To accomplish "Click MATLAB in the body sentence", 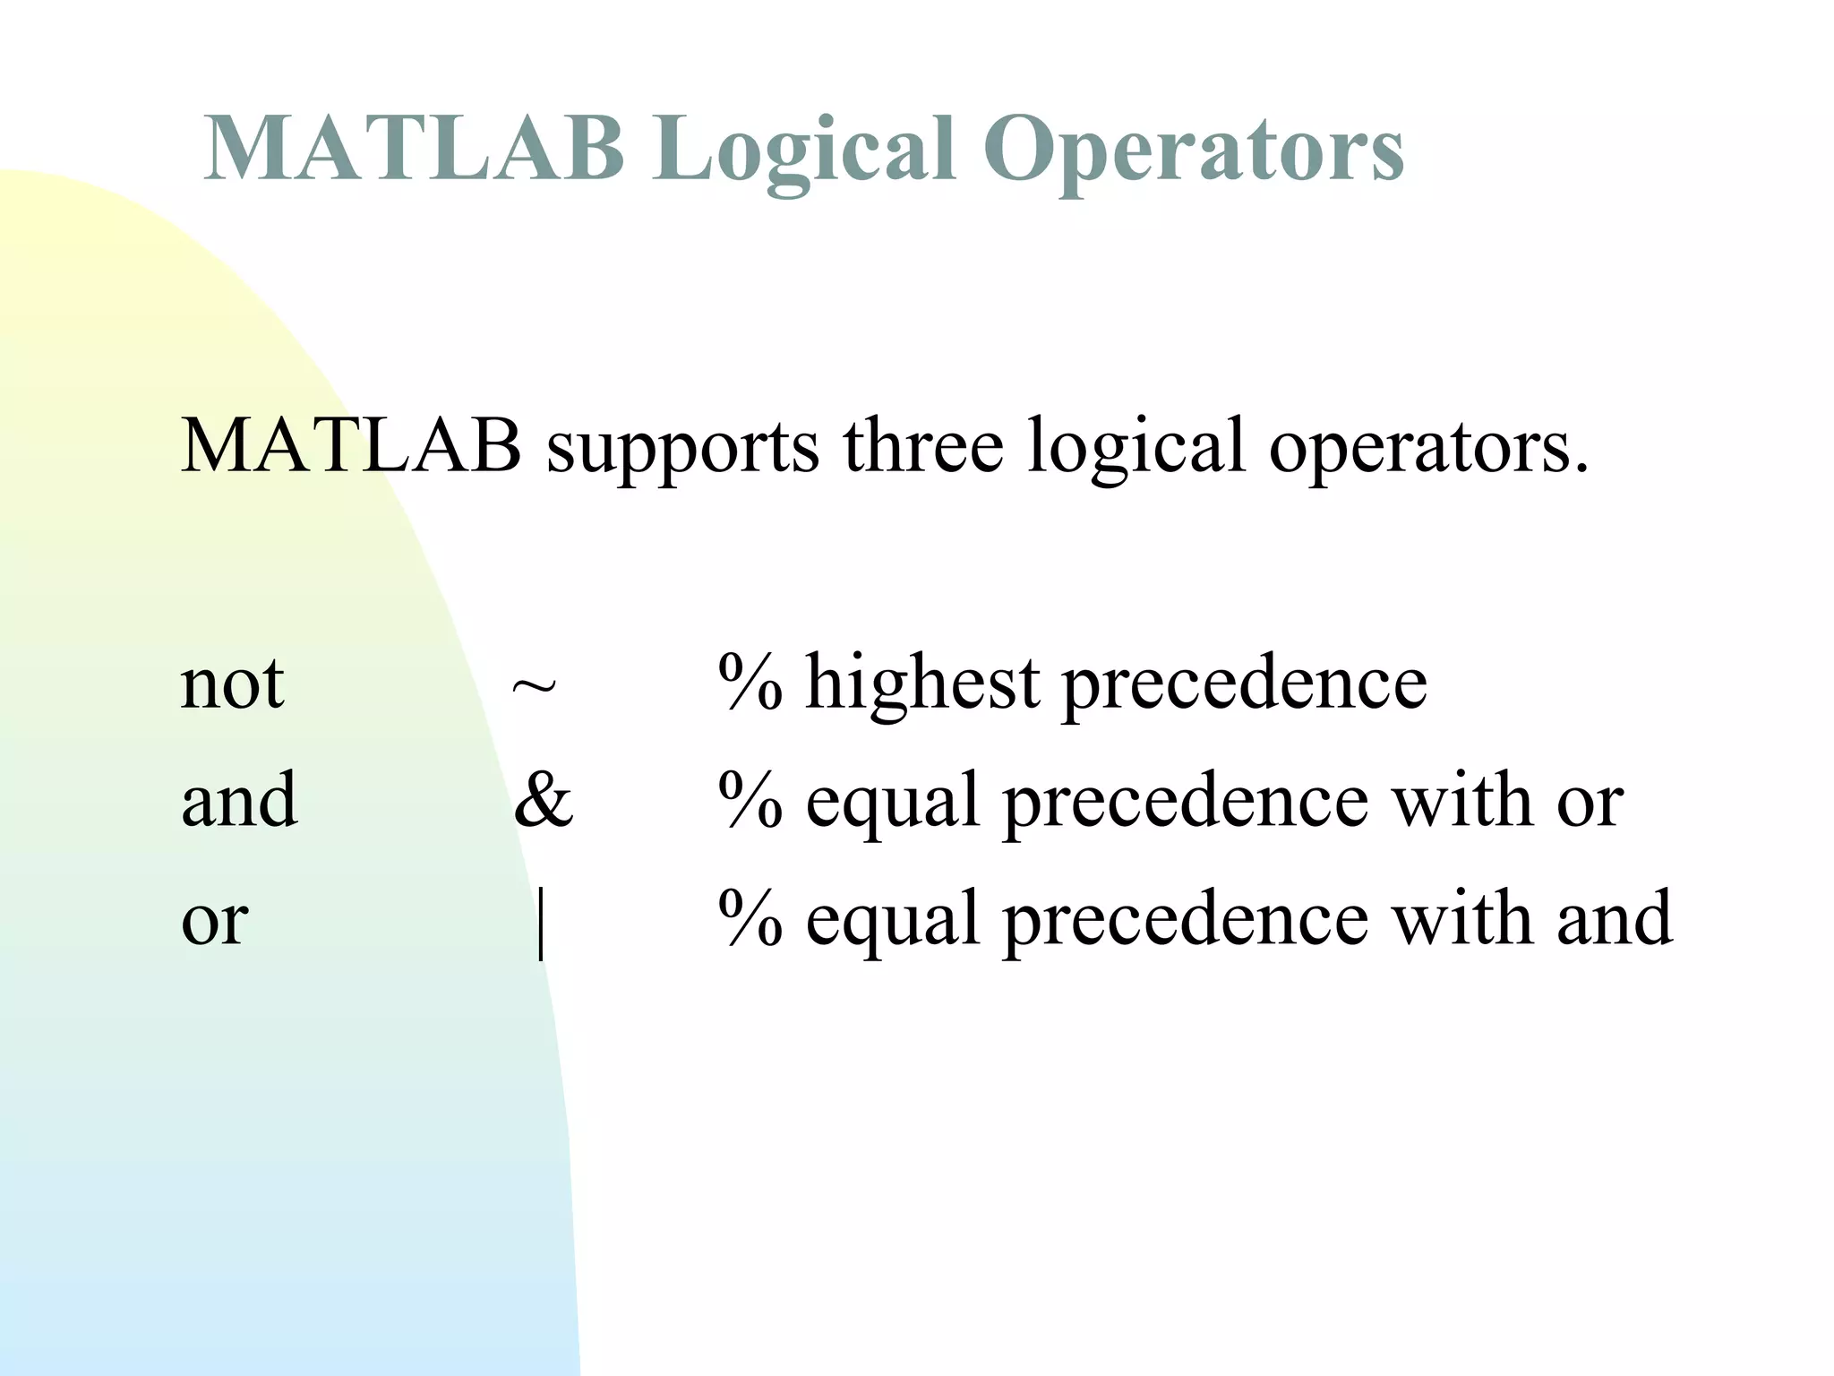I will [350, 445].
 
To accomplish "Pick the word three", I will [922, 445].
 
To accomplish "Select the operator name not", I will [232, 684].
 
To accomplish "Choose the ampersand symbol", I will [543, 799].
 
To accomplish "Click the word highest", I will [922, 684].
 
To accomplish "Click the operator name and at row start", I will [238, 799].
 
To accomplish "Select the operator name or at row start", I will [214, 921].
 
